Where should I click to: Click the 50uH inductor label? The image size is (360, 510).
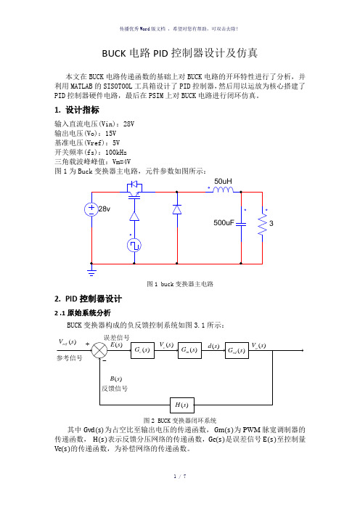[223, 181]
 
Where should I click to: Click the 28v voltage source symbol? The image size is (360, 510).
[91, 209]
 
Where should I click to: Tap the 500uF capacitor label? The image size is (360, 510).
[224, 223]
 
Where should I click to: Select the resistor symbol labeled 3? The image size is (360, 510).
[262, 224]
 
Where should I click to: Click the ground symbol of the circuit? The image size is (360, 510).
[91, 272]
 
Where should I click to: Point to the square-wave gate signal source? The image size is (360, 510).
[134, 246]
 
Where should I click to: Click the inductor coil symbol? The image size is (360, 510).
[223, 190]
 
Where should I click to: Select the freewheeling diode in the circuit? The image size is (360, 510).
[177, 209]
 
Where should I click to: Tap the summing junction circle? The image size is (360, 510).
[99, 350]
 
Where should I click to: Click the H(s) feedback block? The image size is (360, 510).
[182, 405]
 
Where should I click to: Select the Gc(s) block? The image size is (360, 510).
[142, 350]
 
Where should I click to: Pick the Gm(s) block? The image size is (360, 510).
[189, 350]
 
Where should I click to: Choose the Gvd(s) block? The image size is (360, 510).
[237, 350]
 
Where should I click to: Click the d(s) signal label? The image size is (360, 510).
[213, 346]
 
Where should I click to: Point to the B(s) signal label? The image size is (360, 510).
[115, 379]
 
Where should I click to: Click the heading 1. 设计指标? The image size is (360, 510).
[77, 110]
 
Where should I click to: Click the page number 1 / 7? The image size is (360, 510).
[180, 477]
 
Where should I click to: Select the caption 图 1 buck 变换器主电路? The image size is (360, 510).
[180, 284]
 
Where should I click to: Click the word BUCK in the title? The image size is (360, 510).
[114, 53]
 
